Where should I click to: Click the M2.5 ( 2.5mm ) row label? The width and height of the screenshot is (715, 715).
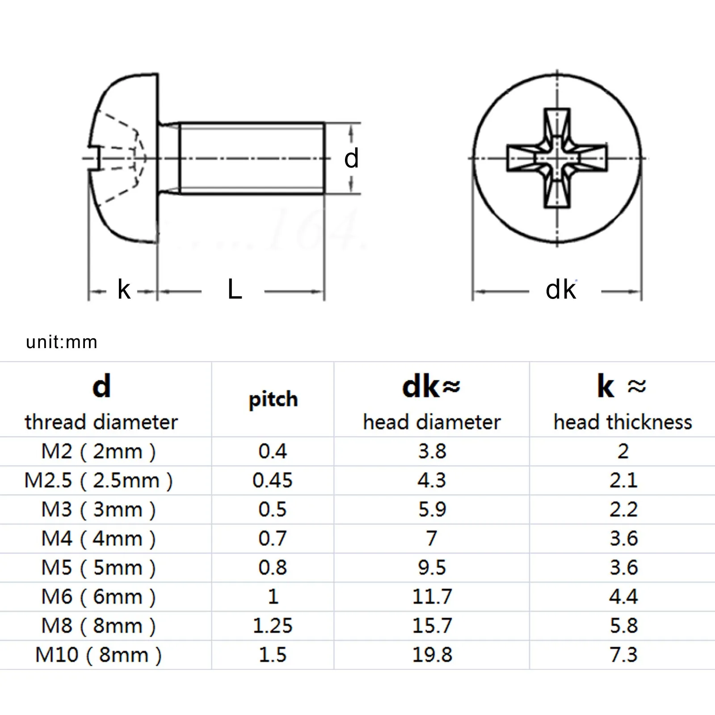tap(98, 481)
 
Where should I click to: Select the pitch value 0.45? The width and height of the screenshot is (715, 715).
tap(273, 480)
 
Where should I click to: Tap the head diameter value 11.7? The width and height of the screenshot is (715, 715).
tap(432, 597)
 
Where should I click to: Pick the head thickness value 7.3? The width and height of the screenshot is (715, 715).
tap(623, 655)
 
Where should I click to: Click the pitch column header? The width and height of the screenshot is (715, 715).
tap(273, 400)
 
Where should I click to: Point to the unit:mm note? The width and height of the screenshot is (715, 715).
tap(62, 342)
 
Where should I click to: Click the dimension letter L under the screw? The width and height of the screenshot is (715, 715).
tap(235, 290)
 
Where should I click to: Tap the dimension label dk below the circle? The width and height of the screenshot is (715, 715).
tap(561, 290)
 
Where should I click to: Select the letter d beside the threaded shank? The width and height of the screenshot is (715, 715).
tap(352, 158)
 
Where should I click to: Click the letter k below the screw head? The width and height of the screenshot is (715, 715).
tap(124, 290)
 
